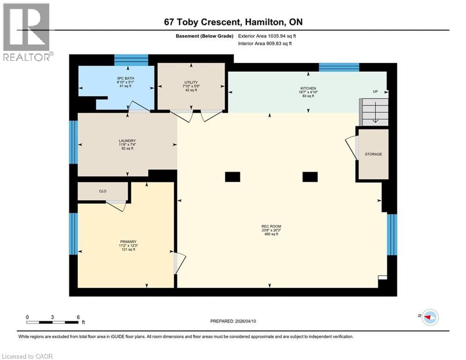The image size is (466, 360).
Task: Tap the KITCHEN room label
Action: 308,88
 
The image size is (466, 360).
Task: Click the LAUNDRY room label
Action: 127,141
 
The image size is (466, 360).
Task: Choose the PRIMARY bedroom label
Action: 127,242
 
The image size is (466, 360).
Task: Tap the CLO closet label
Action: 103,191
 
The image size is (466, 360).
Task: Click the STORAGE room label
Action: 373,154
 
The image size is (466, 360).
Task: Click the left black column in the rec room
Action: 232,177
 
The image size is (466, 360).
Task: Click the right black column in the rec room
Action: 310,177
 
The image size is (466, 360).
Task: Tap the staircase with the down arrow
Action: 375,112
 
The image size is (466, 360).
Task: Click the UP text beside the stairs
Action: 375,91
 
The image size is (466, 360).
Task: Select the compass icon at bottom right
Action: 429,317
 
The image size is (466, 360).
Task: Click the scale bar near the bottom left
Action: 52,322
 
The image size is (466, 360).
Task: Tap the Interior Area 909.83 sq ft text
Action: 265,44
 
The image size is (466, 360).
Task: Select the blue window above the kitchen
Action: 339,67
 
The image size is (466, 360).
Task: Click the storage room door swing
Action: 350,145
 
